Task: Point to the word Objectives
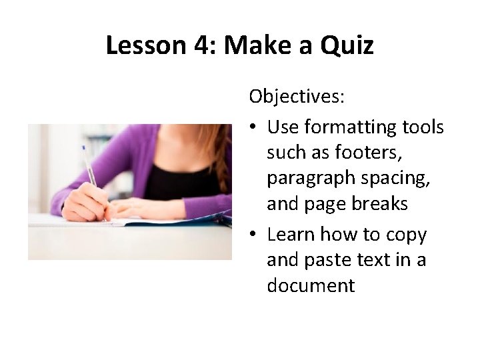click(x=297, y=97)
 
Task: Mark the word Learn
click(x=291, y=235)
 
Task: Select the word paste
click(x=323, y=260)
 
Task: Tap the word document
click(x=311, y=285)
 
